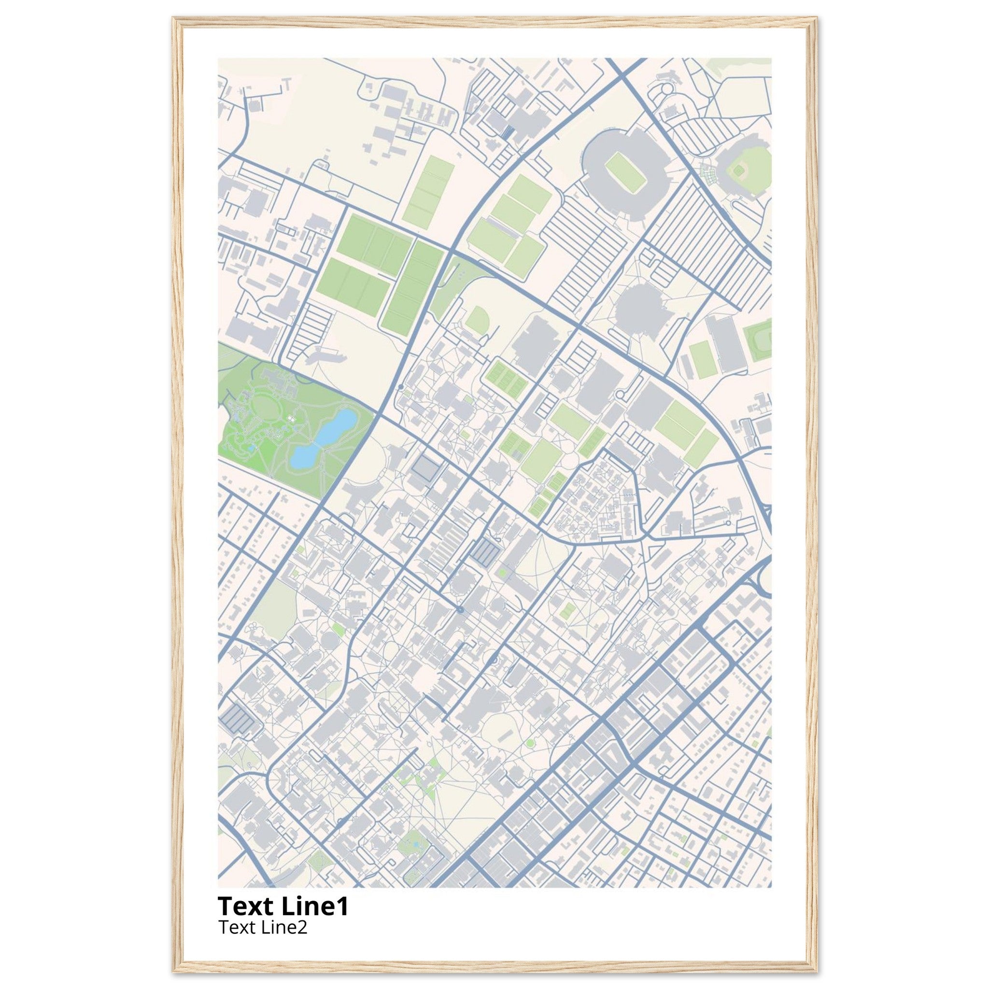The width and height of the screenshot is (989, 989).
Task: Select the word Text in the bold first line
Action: point(246,906)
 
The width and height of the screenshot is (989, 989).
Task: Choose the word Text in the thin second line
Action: point(237,928)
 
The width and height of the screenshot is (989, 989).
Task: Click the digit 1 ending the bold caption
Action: point(342,906)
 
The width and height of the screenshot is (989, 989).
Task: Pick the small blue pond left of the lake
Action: point(250,447)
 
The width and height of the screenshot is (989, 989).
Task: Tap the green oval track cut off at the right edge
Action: point(760,339)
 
